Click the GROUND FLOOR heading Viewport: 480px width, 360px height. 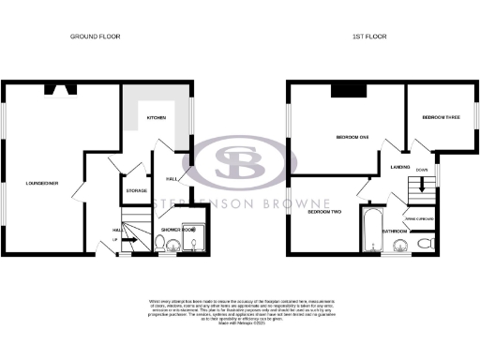(96, 37)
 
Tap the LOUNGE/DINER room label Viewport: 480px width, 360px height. (42, 184)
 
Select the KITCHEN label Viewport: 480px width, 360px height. (156, 118)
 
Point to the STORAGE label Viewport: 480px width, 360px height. (137, 190)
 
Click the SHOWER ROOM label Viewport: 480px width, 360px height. (177, 229)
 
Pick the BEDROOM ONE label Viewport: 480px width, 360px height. (352, 138)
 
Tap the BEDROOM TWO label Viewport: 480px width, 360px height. (324, 212)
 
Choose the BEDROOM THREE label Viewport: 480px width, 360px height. (440, 117)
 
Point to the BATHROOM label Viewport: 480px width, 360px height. (394, 230)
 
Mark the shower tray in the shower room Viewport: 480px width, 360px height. (194, 243)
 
